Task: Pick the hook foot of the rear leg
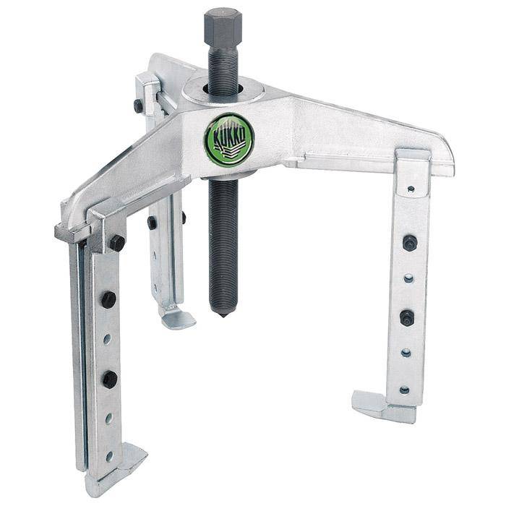[x=176, y=315]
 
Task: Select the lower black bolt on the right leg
[x=407, y=317]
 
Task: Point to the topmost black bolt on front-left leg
[x=116, y=242]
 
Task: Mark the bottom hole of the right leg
[x=404, y=390]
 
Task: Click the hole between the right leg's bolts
[x=408, y=278]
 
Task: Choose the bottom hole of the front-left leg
[x=109, y=456]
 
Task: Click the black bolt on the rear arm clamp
[x=138, y=106]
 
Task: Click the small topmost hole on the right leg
[x=411, y=189]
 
